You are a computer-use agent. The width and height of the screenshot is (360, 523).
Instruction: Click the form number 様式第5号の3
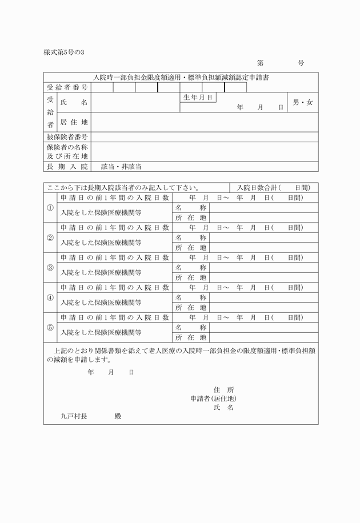pos(64,53)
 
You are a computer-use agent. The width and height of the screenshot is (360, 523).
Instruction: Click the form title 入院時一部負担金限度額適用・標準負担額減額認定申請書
pos(181,77)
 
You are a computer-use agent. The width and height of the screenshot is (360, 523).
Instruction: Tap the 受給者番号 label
pos(67,87)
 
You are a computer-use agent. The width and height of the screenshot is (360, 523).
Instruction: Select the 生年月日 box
pos(198,98)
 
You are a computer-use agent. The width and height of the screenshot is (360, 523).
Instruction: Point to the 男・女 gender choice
pos(302,103)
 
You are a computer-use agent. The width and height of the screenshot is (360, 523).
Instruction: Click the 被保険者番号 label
pos(67,137)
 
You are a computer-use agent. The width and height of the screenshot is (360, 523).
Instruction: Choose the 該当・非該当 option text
pos(121,167)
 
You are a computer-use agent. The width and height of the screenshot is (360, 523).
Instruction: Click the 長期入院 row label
pos(67,167)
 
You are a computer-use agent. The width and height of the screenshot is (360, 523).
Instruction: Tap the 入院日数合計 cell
pos(274,187)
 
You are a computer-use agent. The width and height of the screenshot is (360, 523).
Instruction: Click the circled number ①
pos(50,208)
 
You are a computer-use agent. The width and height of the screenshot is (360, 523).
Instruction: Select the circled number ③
pos(50,267)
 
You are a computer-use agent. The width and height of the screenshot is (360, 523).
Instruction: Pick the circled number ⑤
pos(50,327)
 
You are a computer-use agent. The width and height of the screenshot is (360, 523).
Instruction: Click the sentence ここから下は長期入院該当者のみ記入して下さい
pos(123,187)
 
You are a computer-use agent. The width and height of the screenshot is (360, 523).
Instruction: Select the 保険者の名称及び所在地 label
pos(67,151)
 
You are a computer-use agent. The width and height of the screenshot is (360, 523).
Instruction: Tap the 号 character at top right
pos(301,63)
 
